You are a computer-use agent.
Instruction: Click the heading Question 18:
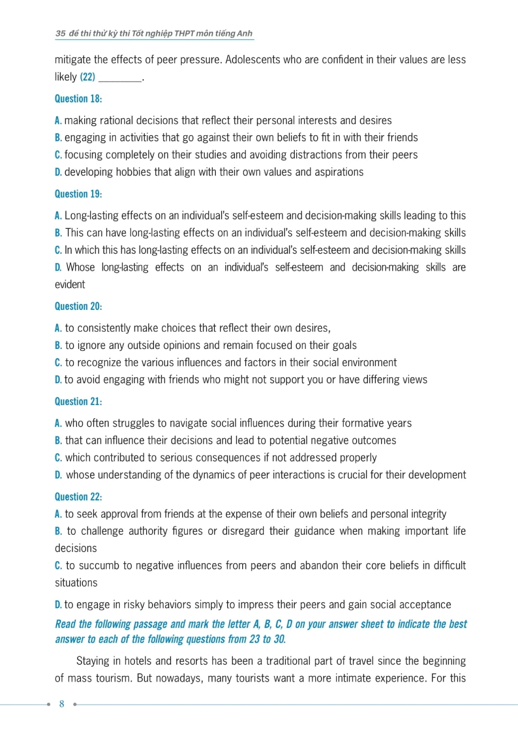[78, 99]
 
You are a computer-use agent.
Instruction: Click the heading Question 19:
[78, 194]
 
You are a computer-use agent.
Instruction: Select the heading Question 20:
[78, 306]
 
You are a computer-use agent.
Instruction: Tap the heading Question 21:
[78, 401]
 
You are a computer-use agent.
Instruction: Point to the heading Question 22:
[78, 496]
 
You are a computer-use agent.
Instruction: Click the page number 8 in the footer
[62, 704]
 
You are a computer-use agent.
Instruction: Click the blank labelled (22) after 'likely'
[120, 77]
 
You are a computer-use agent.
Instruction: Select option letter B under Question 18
[58, 138]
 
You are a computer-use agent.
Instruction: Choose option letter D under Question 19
[58, 267]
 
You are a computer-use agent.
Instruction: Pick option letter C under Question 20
[58, 363]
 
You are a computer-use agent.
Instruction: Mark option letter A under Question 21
[58, 423]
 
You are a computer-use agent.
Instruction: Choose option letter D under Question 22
[58, 605]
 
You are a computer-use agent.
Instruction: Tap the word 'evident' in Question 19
[70, 285]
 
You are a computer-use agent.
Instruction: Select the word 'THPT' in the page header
[184, 33]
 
